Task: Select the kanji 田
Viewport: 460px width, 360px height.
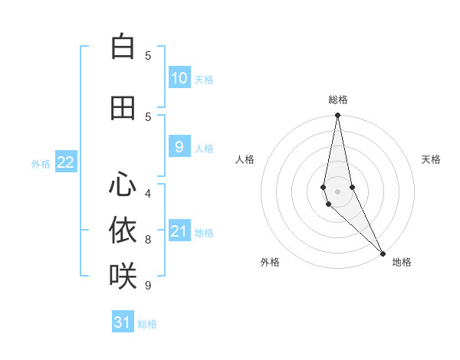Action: click(123, 108)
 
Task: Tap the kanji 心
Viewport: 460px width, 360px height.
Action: click(123, 185)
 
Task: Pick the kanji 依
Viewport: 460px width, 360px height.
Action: click(123, 230)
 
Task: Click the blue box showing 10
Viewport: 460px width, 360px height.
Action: click(179, 78)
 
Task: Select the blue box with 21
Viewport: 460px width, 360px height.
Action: click(179, 231)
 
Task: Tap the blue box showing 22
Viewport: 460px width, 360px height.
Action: click(66, 162)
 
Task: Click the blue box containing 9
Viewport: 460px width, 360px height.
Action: click(179, 147)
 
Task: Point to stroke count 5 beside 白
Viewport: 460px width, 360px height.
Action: click(148, 56)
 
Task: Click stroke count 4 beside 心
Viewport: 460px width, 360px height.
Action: click(148, 194)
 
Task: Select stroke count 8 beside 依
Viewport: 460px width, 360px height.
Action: click(148, 240)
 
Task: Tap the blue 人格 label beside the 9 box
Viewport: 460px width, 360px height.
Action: click(204, 148)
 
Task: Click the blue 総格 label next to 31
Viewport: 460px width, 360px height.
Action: click(147, 324)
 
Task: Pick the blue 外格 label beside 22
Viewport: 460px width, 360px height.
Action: click(41, 163)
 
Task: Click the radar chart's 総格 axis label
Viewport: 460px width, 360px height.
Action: click(338, 100)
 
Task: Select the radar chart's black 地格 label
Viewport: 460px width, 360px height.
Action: click(402, 262)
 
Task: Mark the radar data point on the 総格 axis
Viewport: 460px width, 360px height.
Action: click(337, 116)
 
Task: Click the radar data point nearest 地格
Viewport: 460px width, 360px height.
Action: click(383, 252)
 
